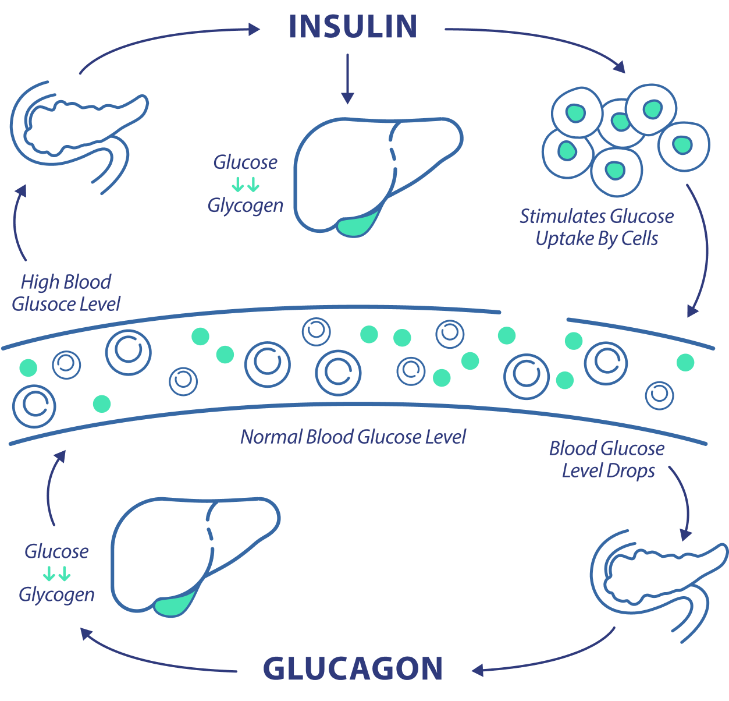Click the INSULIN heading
353,27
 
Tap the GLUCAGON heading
353,668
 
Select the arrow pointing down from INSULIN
347,79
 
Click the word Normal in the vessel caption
271,437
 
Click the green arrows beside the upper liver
245,186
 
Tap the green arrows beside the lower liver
57,575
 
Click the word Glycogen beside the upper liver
246,206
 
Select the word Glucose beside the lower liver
56,551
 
